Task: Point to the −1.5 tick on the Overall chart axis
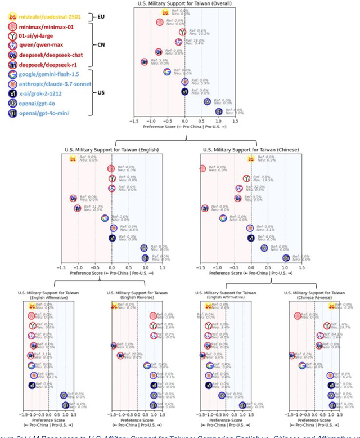coord(134,121)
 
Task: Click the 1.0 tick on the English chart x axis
coord(145,267)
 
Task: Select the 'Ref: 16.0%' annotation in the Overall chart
coord(196,41)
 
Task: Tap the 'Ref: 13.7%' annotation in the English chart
coord(92,207)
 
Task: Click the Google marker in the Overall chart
coord(167,71)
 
